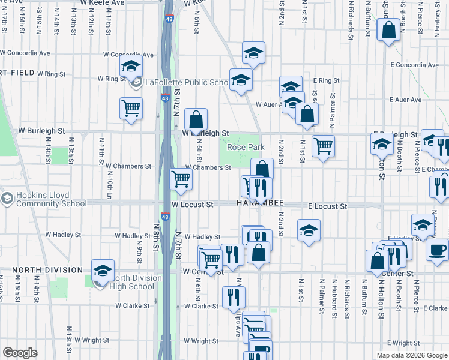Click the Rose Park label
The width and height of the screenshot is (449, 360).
click(x=246, y=147)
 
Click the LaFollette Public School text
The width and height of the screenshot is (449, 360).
click(x=184, y=82)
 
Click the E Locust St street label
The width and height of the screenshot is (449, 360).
click(x=327, y=206)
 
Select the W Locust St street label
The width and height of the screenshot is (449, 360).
click(x=192, y=205)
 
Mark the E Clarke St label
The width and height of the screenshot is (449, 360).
click(x=435, y=308)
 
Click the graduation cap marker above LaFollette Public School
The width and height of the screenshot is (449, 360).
click(x=130, y=68)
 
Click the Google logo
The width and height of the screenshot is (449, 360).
click(x=20, y=353)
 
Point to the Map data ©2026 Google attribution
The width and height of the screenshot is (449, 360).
click(x=412, y=355)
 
